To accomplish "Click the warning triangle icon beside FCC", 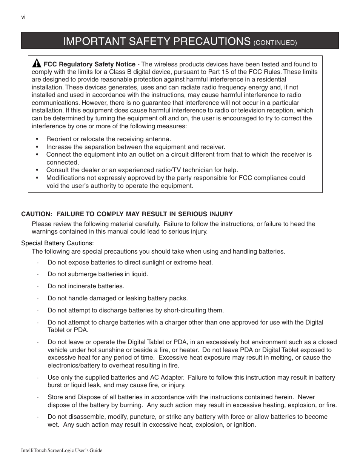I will coord(37,63).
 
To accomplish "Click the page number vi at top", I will coord(23,17).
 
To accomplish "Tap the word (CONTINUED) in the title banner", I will coord(275,43).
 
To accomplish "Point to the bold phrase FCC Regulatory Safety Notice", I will coord(89,64).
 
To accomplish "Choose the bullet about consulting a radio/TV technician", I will coord(142,170).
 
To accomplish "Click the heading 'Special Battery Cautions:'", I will coord(57,243).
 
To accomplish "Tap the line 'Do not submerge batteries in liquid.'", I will coord(98,274).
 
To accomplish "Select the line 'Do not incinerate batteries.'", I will coord(86,286).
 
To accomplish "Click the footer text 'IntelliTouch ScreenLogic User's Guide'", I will coord(62,451).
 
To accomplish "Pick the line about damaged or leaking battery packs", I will coord(117,298).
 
